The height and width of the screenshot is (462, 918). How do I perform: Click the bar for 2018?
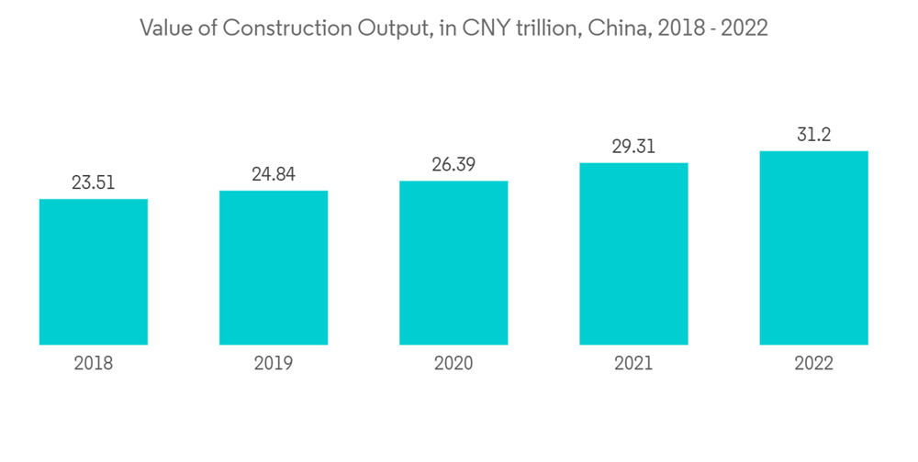point(94,271)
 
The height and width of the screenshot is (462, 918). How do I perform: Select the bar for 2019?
point(274,268)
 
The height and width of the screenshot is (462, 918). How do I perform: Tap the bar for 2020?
point(453,263)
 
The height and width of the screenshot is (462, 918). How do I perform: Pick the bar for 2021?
point(633,254)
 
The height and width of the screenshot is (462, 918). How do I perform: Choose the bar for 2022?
point(813,247)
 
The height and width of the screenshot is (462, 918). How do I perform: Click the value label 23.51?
point(94,182)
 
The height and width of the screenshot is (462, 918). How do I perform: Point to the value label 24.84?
point(274,174)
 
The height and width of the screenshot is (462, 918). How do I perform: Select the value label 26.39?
point(453,165)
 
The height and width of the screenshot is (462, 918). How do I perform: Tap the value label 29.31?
point(633,147)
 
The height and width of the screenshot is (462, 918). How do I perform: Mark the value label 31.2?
point(813,135)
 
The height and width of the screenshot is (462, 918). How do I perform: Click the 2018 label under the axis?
point(94,364)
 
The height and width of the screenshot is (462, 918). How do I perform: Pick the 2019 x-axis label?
point(274,364)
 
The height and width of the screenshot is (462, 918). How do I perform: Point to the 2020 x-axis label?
point(453,364)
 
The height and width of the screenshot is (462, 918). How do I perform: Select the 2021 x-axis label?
point(633,364)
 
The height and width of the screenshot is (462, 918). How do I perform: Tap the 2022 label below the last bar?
point(813,364)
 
